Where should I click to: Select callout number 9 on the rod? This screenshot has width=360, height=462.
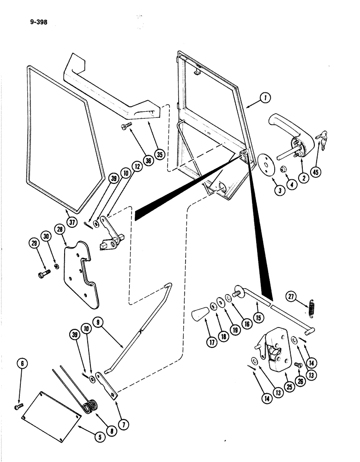[x=97, y=322]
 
